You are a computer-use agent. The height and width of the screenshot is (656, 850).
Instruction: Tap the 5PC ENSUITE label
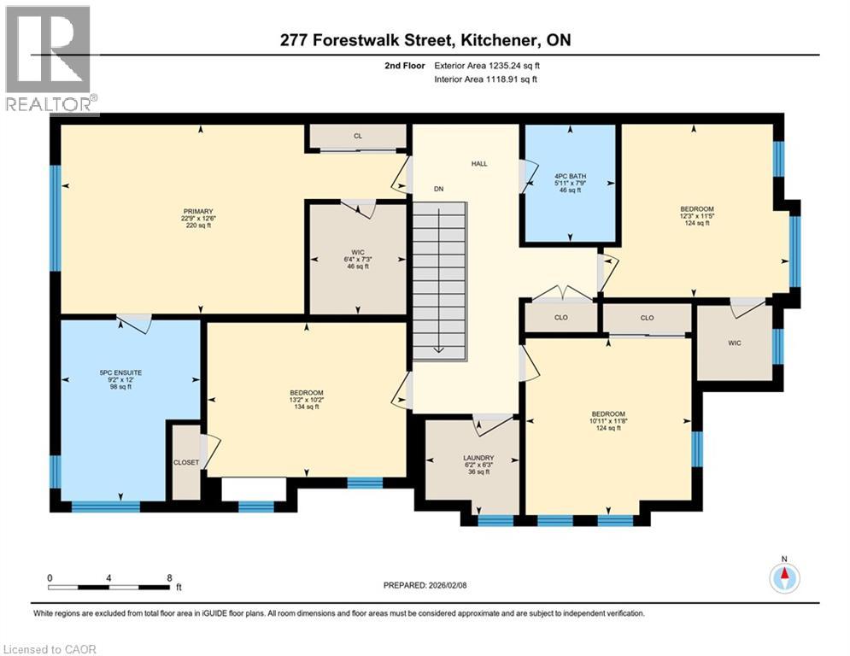(120, 372)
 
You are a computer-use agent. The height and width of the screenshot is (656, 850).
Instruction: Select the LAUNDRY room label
(478, 458)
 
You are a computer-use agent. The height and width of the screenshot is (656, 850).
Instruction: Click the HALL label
(478, 163)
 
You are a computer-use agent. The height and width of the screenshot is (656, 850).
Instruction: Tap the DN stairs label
(438, 189)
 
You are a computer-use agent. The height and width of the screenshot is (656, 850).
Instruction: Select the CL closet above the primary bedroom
(358, 135)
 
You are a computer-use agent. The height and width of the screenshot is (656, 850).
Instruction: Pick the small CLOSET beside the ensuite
(185, 462)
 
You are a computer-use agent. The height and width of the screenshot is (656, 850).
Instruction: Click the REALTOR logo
(50, 60)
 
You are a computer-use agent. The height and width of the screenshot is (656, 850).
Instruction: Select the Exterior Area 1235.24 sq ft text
(487, 65)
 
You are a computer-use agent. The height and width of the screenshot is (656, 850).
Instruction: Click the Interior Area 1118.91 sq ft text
(487, 79)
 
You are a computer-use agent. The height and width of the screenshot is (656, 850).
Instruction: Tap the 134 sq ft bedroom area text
(305, 407)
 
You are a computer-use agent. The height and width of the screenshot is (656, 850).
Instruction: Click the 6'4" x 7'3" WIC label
(357, 259)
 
